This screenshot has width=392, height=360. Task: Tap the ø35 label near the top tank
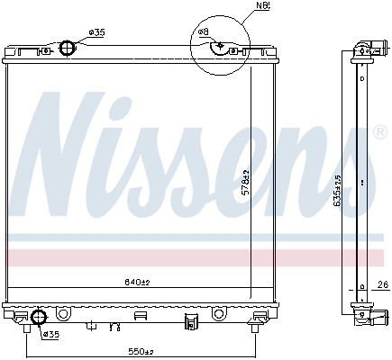(x=96, y=32)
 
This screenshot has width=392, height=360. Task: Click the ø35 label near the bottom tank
(x=50, y=334)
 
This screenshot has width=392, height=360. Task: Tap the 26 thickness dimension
(x=382, y=286)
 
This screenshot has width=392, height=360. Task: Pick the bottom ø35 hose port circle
(x=38, y=317)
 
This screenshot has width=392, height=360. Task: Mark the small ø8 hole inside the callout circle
(x=221, y=44)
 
